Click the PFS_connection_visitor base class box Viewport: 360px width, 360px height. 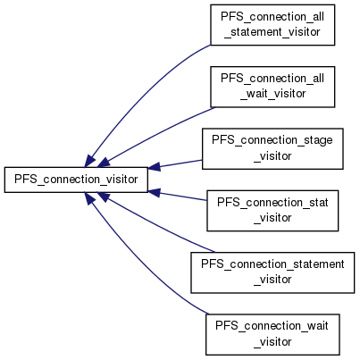(76, 180)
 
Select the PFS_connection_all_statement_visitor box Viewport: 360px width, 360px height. (272, 25)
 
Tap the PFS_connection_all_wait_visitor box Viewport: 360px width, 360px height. (272, 87)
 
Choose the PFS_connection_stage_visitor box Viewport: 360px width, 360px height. (272, 149)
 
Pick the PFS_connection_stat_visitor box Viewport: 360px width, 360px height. (272, 211)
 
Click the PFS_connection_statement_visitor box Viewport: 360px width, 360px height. (272, 272)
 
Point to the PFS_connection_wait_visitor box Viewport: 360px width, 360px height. (272, 334)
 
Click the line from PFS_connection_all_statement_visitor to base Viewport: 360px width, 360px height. (140, 92)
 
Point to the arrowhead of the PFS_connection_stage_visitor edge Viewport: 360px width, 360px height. (154, 167)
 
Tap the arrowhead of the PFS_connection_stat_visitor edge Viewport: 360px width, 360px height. (154, 192)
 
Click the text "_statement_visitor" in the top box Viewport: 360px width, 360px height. (272, 32)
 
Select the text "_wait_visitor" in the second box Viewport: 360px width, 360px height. (272, 94)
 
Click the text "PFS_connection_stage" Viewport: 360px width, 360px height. (272, 140)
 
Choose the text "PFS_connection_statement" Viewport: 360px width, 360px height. (272, 264)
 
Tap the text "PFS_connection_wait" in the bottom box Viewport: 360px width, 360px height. (272, 326)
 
